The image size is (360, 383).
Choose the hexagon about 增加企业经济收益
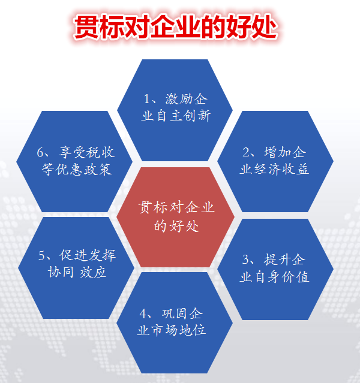tap(274, 160)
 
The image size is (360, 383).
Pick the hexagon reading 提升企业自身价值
tap(274, 269)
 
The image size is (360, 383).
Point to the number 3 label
tap(246, 260)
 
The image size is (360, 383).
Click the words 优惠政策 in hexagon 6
tap(84, 169)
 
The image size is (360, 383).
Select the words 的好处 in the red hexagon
tap(176, 226)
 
